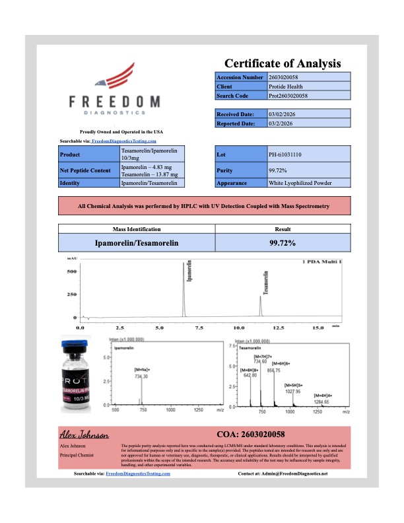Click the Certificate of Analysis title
(x=283, y=64)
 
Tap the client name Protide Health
(x=286, y=87)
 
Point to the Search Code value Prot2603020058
(x=288, y=96)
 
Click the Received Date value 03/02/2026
(x=281, y=114)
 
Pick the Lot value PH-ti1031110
(x=285, y=155)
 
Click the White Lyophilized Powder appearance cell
(x=300, y=183)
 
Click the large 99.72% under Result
(x=278, y=243)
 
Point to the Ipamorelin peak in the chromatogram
(x=184, y=291)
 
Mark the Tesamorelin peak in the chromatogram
(x=260, y=306)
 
